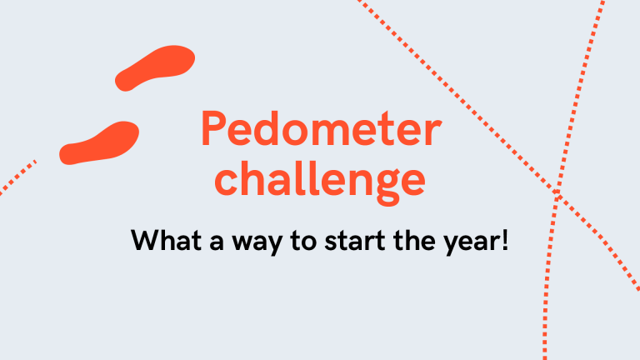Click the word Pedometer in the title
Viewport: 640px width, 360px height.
[x=321, y=128]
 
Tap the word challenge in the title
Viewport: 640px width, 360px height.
[x=320, y=182]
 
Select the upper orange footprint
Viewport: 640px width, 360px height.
[x=155, y=67]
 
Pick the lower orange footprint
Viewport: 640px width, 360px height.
[x=99, y=142]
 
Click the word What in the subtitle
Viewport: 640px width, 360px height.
[x=166, y=240]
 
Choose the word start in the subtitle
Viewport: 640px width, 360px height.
[x=355, y=241]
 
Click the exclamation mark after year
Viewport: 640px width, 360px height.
[x=506, y=240]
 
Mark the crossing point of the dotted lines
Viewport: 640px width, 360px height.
[x=557, y=193]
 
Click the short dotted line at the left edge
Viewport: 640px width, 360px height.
[x=18, y=177]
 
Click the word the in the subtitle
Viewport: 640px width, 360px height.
[x=414, y=240]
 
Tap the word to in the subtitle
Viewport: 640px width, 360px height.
[x=303, y=241]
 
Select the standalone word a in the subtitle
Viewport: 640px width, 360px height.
[x=217, y=242]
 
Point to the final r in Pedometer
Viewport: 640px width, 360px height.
[x=433, y=132]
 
